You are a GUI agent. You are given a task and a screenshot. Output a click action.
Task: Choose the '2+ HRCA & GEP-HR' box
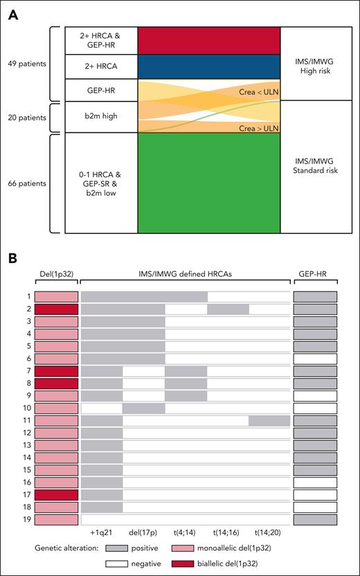point(101,41)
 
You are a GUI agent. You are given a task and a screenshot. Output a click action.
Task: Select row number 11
point(24,421)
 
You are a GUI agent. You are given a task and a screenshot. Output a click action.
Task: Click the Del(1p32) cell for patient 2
point(56,309)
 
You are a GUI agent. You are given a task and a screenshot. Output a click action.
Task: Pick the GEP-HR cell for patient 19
point(315,519)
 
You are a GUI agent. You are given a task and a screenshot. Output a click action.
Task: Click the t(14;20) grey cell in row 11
point(269,421)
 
